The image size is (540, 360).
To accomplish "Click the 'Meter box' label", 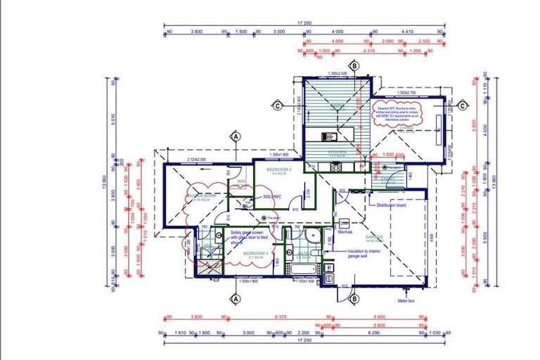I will click(x=406, y=300).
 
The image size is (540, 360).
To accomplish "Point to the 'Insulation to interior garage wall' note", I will click(x=364, y=254).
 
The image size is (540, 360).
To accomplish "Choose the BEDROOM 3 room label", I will click(x=255, y=253).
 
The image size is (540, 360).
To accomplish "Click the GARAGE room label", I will click(x=373, y=238).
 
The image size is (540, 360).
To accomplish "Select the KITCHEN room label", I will click(x=337, y=151).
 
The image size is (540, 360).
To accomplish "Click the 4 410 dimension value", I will click(x=406, y=32).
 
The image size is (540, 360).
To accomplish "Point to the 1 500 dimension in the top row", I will click(x=240, y=32).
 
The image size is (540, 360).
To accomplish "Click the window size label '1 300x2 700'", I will click(x=406, y=93).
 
